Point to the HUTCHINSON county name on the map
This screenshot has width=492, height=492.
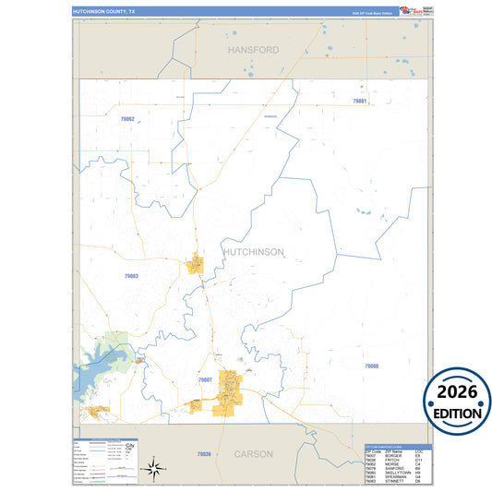tap(253, 251)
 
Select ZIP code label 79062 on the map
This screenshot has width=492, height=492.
tap(127, 119)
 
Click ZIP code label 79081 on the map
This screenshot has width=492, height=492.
tap(359, 100)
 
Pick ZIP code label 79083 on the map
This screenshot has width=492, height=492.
tap(130, 275)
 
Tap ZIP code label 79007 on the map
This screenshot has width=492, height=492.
tap(205, 379)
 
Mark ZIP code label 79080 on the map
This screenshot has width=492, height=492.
tap(371, 366)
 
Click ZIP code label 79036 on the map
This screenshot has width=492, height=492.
tap(204, 454)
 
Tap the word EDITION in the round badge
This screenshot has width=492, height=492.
tap(457, 413)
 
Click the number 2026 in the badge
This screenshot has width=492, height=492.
tap(457, 391)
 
